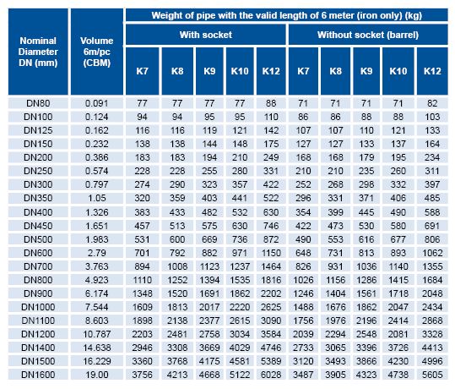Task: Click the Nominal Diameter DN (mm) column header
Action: coord(38,52)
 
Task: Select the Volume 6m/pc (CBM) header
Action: coord(96,52)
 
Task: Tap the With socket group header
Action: coord(206,35)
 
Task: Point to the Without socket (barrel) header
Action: coord(368,35)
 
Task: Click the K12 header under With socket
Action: coord(271,71)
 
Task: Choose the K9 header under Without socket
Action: coord(366,71)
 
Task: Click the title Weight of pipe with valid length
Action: coord(287,15)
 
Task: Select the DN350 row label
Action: coord(38,198)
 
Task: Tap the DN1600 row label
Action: coord(38,375)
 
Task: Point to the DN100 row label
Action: coord(38,117)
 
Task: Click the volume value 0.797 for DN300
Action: coord(96,184)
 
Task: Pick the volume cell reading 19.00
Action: coord(96,375)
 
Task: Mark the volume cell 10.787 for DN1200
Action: coord(96,334)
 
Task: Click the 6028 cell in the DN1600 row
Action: coord(271,375)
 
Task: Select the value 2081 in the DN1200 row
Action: coord(398,334)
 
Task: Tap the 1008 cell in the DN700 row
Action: coord(177,266)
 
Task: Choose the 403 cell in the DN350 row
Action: coord(209,198)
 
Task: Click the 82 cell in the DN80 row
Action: coord(432,103)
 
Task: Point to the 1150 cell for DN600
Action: coord(271,253)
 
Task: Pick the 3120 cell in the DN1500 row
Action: coord(303,361)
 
